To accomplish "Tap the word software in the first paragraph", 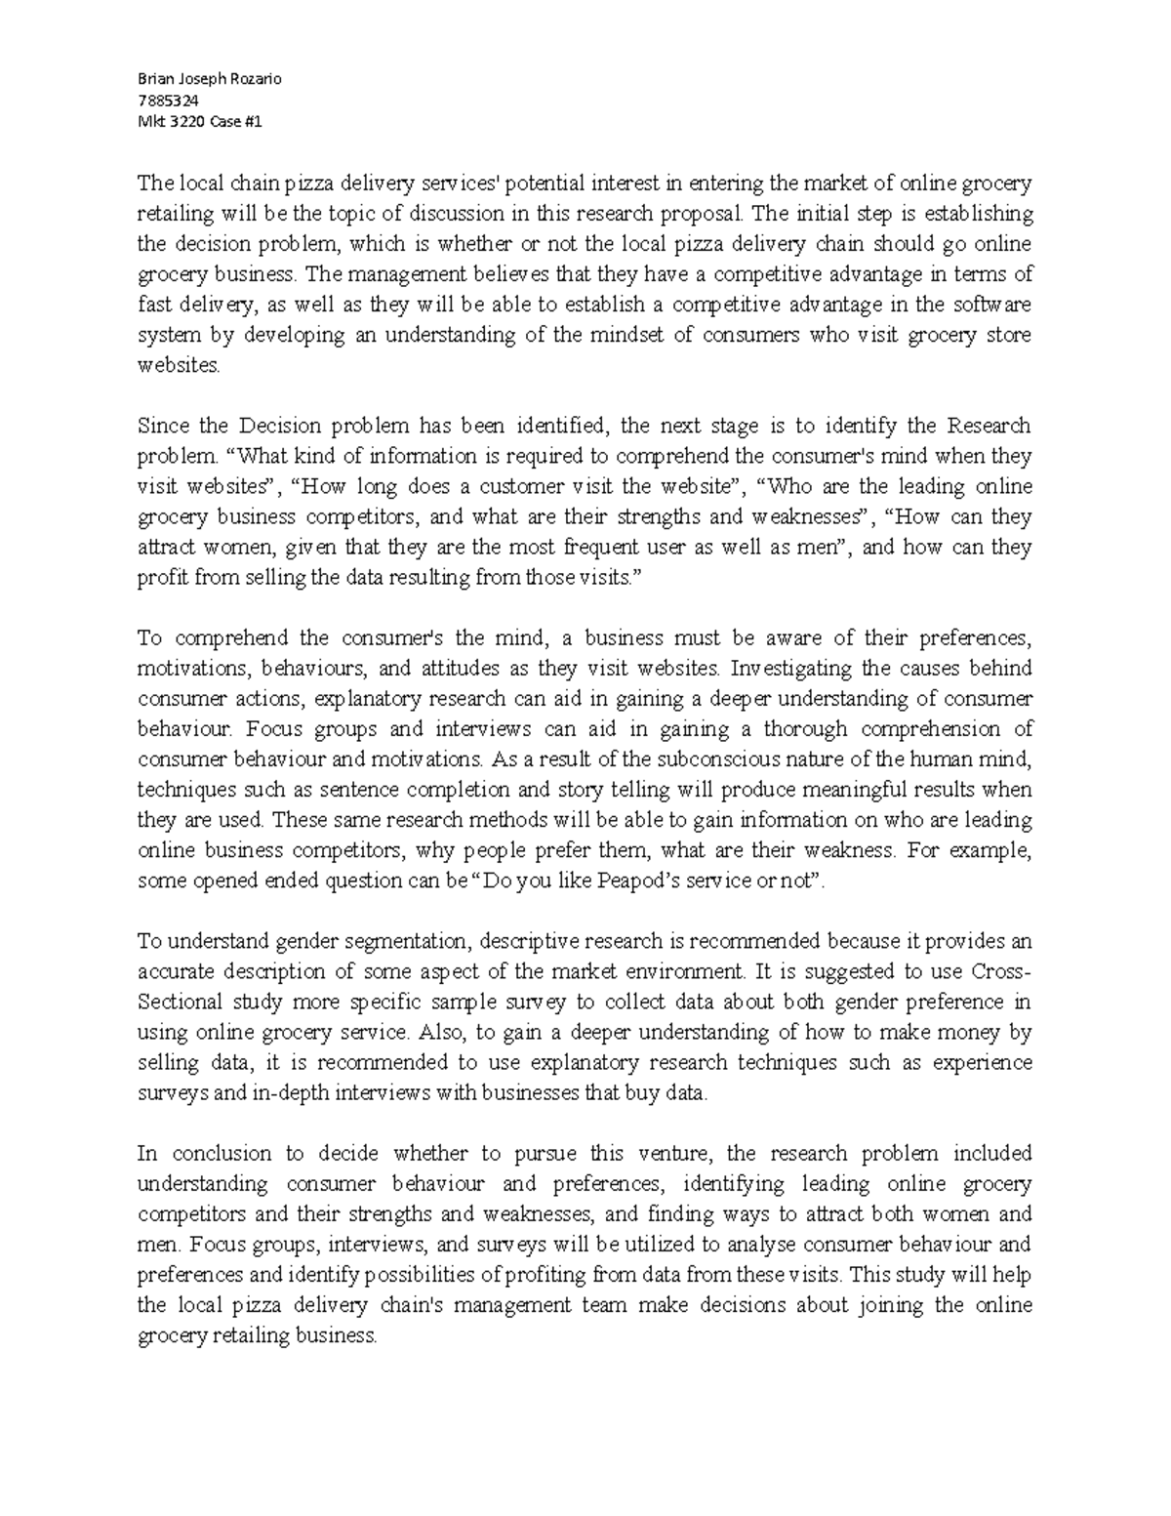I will coord(993,305).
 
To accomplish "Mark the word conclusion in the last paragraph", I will coord(218,1153).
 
